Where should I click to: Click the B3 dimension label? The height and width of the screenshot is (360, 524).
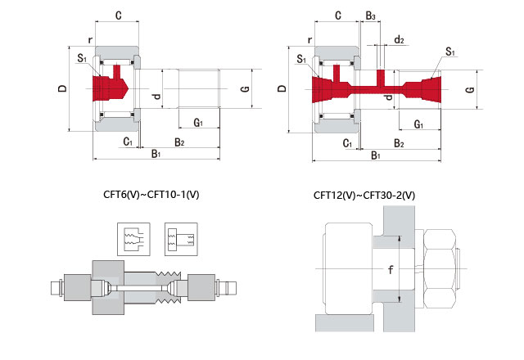click(x=371, y=16)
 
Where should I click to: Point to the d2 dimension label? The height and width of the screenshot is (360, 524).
click(x=399, y=39)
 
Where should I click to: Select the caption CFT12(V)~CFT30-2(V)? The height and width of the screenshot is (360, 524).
click(x=364, y=196)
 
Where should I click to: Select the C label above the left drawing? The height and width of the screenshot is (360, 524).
click(x=119, y=16)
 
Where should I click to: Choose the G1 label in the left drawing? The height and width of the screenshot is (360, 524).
click(x=199, y=123)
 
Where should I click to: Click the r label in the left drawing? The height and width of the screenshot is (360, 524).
click(x=92, y=39)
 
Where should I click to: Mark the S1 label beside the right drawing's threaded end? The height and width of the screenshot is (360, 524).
click(x=450, y=52)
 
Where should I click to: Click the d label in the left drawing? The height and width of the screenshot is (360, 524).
click(x=156, y=97)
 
